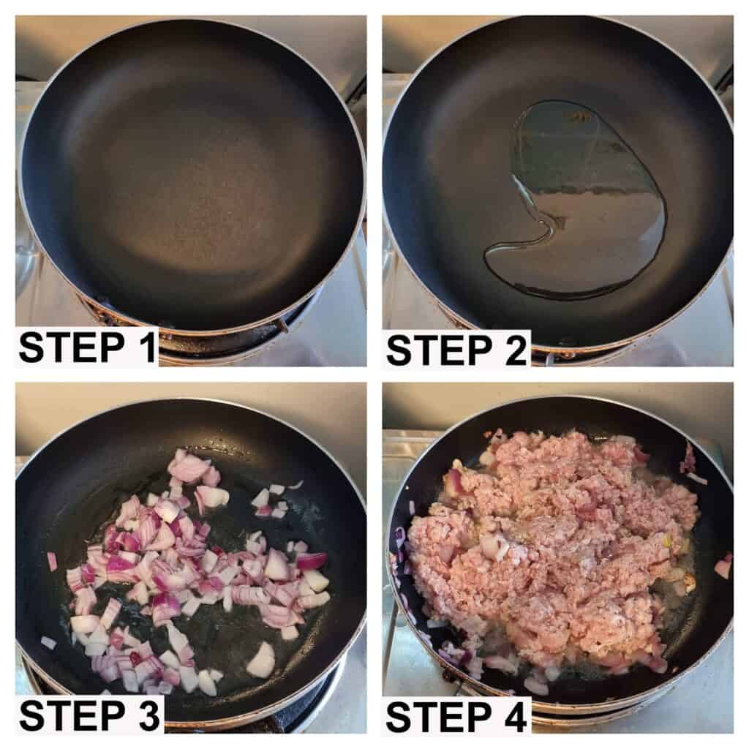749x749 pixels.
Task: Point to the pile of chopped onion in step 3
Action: pyautogui.click(x=191, y=564)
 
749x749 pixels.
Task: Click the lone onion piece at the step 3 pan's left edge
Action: pyautogui.click(x=52, y=561)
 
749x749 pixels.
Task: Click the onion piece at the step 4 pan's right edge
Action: pyautogui.click(x=723, y=566)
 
